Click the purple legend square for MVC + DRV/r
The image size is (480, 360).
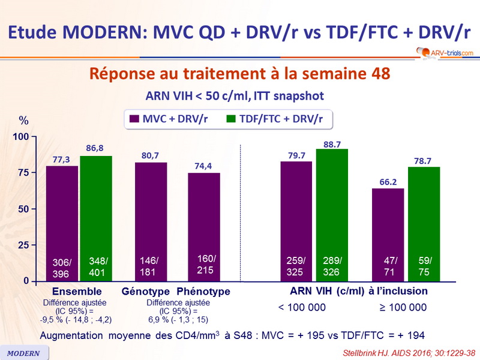[x=134, y=119]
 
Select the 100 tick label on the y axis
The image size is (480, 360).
[x=20, y=137]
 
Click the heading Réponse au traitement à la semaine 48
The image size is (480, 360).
[x=240, y=74]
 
